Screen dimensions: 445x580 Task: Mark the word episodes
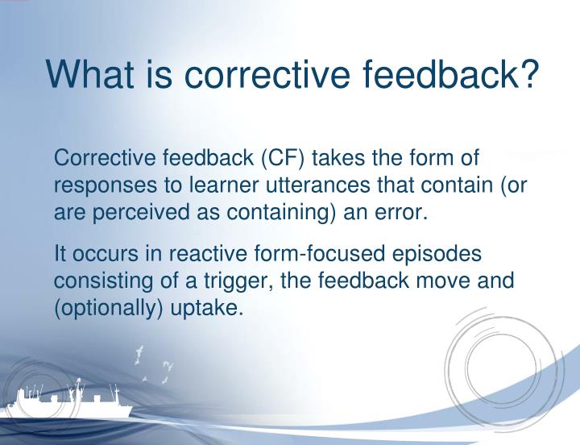439,254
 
